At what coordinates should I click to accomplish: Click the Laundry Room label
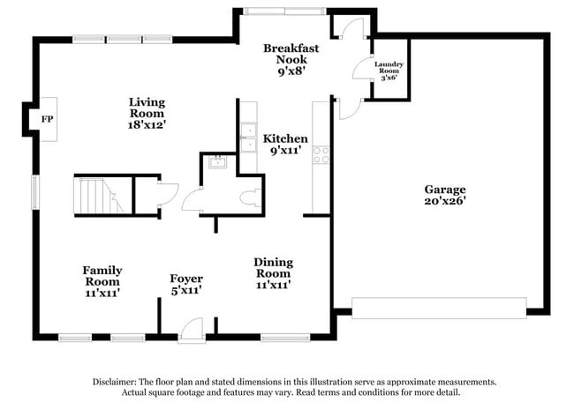pyautogui.click(x=389, y=70)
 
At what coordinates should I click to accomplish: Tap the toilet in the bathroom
pyautogui.click(x=250, y=197)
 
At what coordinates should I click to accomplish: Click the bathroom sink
pyautogui.click(x=216, y=162)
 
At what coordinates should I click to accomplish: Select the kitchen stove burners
pyautogui.click(x=321, y=155)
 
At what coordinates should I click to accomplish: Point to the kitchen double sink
pyautogui.click(x=248, y=137)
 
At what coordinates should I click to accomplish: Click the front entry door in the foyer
pyautogui.click(x=189, y=330)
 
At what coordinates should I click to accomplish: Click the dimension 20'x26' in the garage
pyautogui.click(x=444, y=201)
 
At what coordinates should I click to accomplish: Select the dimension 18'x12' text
pyautogui.click(x=147, y=124)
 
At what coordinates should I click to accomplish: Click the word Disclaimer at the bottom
pyautogui.click(x=116, y=382)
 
